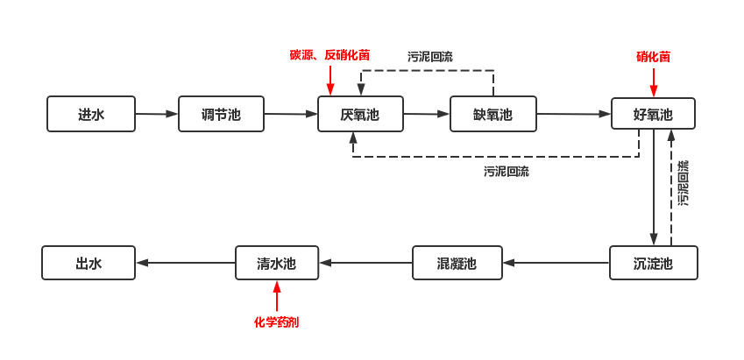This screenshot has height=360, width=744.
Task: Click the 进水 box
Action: point(91,114)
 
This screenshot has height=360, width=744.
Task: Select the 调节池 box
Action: point(221,114)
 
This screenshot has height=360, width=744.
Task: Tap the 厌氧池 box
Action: point(360,114)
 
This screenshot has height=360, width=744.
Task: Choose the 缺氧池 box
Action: point(492,114)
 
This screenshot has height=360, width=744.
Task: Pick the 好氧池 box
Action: point(653,114)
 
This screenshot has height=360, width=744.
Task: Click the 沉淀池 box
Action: point(653,263)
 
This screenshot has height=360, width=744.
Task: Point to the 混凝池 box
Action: point(457,263)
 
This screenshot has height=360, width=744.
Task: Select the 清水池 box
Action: point(277,263)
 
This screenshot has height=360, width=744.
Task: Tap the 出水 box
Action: point(89,263)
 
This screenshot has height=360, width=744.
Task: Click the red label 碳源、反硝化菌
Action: point(329,54)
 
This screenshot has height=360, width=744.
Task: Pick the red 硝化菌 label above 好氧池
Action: point(653,57)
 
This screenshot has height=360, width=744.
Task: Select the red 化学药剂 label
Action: point(277,321)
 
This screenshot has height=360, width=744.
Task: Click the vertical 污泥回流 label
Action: point(683,182)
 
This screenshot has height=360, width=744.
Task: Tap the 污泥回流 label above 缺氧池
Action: point(430,56)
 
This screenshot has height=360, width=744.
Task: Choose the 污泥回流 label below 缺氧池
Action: point(507,171)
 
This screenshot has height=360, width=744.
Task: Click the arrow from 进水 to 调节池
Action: point(157,114)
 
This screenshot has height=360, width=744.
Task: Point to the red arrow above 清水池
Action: point(277,295)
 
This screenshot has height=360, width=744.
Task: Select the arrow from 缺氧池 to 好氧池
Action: point(574,114)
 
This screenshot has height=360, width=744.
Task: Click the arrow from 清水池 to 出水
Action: point(185,263)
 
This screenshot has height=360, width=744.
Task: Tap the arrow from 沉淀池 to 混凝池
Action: point(556,263)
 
